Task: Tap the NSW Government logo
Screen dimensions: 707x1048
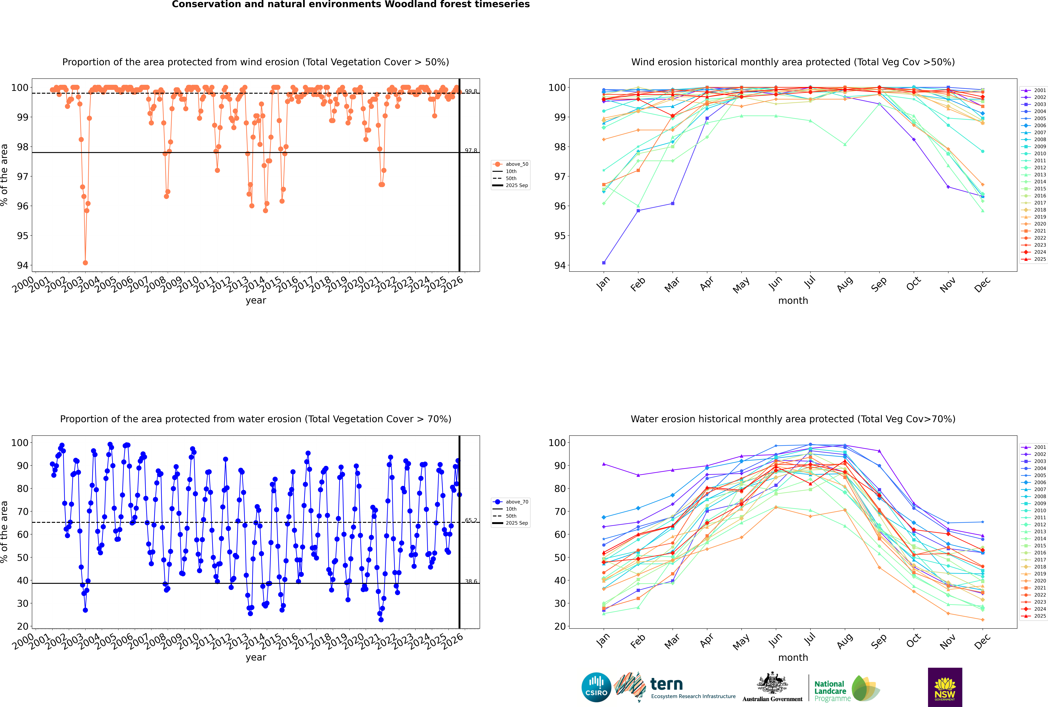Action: click(x=945, y=687)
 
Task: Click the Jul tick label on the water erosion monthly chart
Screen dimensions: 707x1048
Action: click(x=810, y=639)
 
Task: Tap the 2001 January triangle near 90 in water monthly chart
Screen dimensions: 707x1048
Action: click(x=604, y=464)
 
